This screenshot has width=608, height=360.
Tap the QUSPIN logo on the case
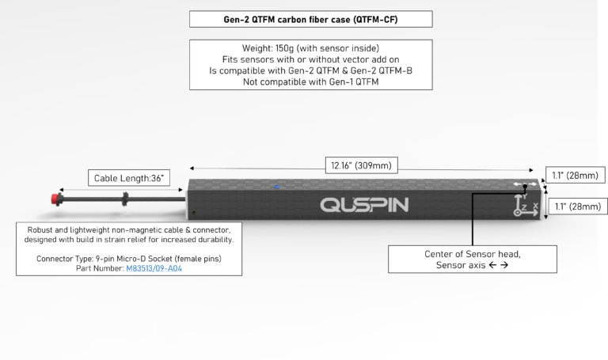364,205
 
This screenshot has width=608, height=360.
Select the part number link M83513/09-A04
154,268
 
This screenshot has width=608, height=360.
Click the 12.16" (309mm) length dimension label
361,165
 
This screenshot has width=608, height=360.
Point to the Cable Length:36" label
129,178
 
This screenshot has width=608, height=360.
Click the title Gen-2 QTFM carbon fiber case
310,19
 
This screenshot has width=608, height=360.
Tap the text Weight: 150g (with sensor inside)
310,48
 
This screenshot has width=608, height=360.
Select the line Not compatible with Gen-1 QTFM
310,81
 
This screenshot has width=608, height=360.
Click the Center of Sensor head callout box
473,260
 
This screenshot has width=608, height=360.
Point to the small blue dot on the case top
277,187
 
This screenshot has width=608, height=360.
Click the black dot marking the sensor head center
525,187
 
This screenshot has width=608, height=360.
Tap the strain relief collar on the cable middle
124,199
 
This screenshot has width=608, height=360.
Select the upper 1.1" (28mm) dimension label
576,175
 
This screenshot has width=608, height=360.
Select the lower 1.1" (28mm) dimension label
577,207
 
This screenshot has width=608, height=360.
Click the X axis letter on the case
535,206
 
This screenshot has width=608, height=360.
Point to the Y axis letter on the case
525,196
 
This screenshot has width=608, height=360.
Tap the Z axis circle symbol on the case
517,213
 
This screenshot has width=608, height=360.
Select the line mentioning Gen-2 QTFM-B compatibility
310,70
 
